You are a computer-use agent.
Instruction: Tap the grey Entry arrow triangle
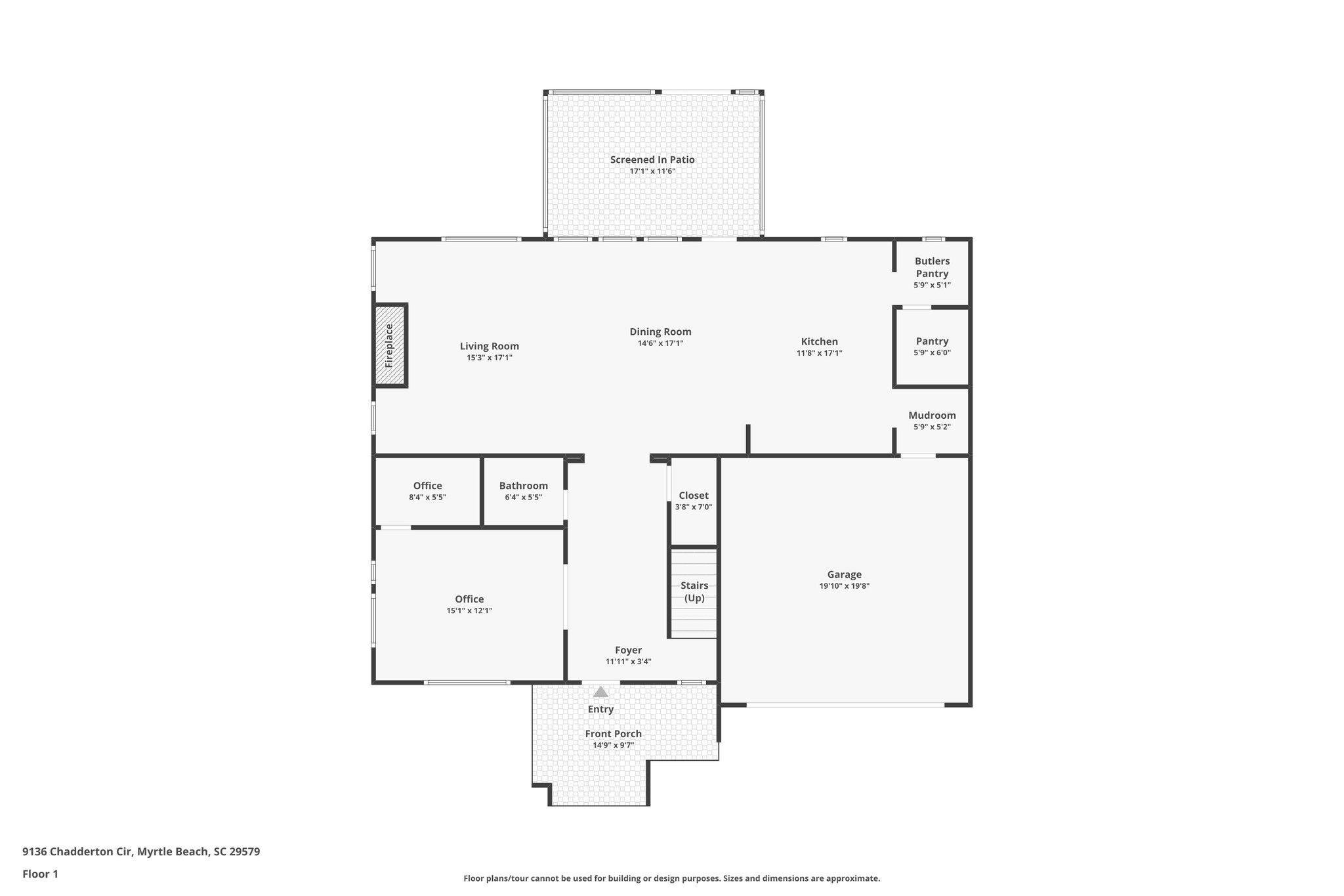(600, 692)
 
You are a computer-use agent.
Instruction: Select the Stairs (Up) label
(694, 591)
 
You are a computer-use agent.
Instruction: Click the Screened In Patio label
(652, 160)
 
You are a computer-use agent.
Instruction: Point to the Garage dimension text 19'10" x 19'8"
(844, 586)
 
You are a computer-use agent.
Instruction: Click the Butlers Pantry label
(932, 267)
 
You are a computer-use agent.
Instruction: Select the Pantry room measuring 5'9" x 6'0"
(932, 347)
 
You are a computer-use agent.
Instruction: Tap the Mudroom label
(932, 416)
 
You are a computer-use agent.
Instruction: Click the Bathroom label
(523, 486)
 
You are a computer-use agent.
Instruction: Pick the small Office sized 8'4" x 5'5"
(427, 491)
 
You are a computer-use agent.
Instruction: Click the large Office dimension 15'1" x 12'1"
(469, 610)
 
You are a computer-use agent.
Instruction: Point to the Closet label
(694, 496)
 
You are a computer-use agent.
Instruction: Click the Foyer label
(628, 650)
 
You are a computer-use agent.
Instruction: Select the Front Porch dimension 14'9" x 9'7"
(613, 745)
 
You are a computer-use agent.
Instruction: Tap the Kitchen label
(819, 341)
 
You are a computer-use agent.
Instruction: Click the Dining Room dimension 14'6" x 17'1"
(660, 343)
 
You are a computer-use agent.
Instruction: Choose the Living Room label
(489, 346)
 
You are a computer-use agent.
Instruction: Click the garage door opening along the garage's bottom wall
(845, 705)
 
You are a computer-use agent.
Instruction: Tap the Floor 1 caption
(40, 874)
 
